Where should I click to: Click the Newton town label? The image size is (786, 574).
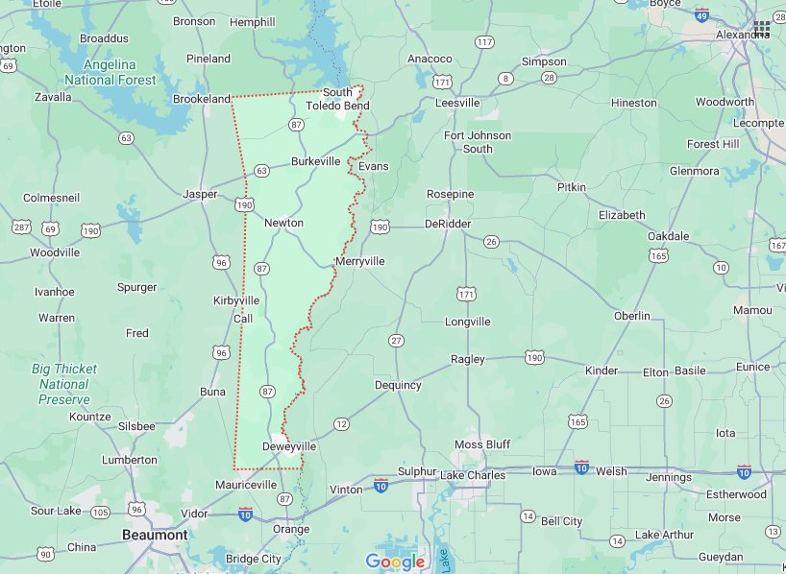[x=283, y=223]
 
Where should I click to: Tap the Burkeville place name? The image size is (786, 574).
[x=315, y=161]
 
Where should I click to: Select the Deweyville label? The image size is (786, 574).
[x=289, y=446]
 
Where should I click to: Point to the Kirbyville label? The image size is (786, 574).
[x=236, y=300]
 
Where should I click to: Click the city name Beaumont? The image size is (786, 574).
[x=154, y=535]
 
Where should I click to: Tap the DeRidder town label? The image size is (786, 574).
[x=448, y=224]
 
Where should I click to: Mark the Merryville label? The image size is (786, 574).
[x=360, y=261]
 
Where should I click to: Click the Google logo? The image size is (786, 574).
[x=394, y=562]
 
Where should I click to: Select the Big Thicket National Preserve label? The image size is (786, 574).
[x=63, y=384]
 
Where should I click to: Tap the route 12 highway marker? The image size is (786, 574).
[x=341, y=423]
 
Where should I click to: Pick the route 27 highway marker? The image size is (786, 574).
[x=396, y=341]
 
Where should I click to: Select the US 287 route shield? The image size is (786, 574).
[x=21, y=227]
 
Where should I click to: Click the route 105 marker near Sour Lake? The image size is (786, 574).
[x=100, y=512]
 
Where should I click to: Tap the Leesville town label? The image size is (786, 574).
[x=457, y=103]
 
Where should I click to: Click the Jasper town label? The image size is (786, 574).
[x=200, y=194]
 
